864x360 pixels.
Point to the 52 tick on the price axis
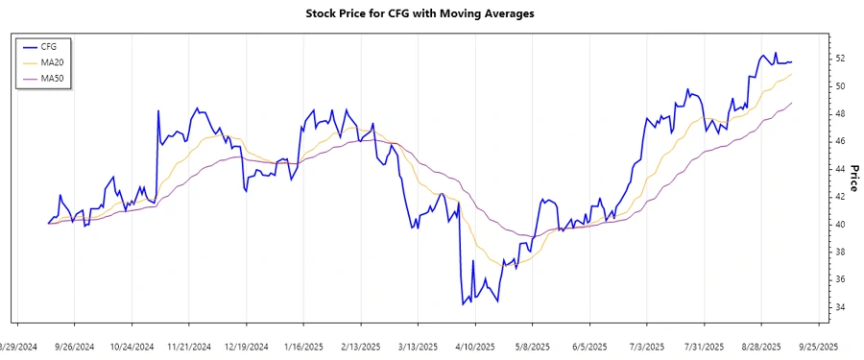pyautogui.click(x=839, y=59)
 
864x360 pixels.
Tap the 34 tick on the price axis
pyautogui.click(x=839, y=307)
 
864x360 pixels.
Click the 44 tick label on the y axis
pyautogui.click(x=839, y=169)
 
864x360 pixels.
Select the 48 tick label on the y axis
pyautogui.click(x=839, y=114)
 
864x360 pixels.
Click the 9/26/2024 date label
pyautogui.click(x=74, y=347)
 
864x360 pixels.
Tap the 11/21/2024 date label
pyautogui.click(x=188, y=347)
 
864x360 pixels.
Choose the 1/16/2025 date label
pyautogui.click(x=303, y=347)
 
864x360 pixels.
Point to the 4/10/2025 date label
pyautogui.click(x=474, y=347)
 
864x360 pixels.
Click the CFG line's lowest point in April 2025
pyautogui.click(x=463, y=304)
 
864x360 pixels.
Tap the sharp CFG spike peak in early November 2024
pyautogui.click(x=158, y=111)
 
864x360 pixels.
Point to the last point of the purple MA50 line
pyautogui.click(x=792, y=103)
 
